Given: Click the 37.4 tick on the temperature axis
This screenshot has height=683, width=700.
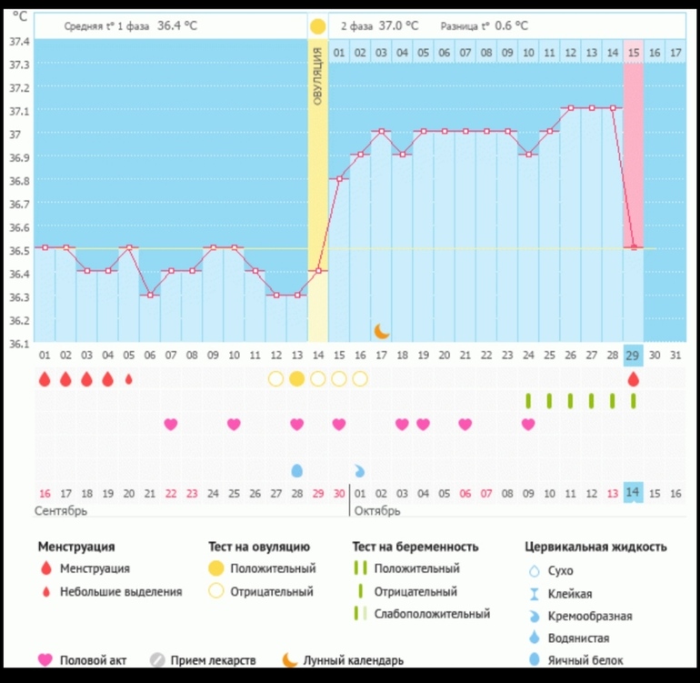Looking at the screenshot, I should (19, 42).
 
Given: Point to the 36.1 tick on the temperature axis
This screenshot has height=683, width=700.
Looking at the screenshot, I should (19, 344).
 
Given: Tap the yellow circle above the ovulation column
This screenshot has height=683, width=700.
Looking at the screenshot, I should (317, 26).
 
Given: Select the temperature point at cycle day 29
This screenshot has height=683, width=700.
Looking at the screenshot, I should (634, 247).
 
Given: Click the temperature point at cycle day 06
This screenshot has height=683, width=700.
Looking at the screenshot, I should (150, 295).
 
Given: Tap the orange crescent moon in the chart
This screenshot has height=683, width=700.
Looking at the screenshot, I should (382, 330).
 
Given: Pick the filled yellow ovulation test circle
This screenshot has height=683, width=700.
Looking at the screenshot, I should (296, 378).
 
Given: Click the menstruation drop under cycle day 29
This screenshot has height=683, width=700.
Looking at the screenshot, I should (634, 378).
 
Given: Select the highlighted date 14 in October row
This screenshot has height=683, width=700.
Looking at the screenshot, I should (634, 492).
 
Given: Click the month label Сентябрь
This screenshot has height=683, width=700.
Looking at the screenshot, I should (61, 510).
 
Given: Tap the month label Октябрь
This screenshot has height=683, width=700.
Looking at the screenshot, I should (377, 510).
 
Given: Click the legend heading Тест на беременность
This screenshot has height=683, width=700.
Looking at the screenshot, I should (415, 547).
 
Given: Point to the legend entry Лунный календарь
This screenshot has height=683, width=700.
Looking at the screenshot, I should (353, 660).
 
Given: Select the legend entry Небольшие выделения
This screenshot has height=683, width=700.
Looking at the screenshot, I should (121, 591).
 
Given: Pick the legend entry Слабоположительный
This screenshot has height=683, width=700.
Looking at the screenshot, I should (432, 614).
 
